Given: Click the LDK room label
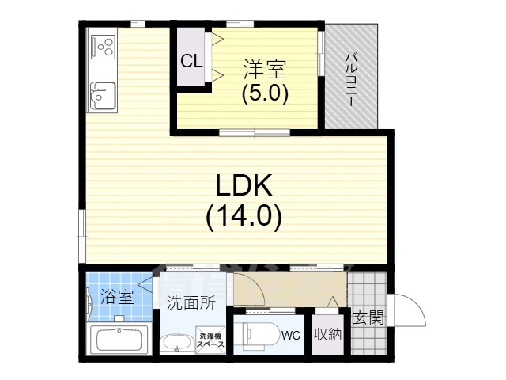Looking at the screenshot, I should pos(244,186).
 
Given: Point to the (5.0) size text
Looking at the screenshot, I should pos(264,93).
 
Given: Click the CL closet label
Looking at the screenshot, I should pos(191,61).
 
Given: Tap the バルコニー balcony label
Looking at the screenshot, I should pos(352,79).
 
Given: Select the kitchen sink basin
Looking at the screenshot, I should pos(101,98).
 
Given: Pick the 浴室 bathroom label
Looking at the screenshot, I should pos(116,298).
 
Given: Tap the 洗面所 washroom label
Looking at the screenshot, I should pos(191,302).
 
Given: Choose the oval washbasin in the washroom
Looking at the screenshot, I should pos(176,344).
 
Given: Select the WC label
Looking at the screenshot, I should pos(291,334).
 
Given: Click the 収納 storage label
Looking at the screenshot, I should pos(327,333).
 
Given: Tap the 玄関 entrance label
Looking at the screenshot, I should pos(368,318).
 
